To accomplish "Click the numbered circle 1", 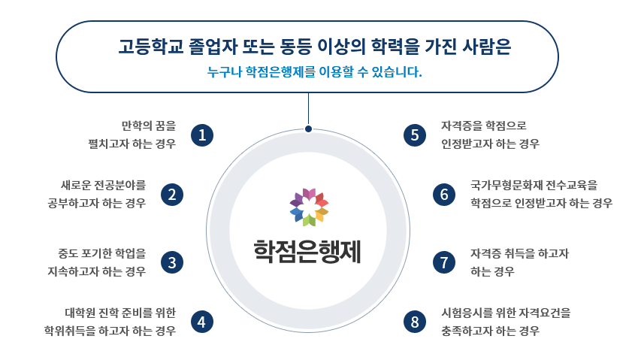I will [203, 135].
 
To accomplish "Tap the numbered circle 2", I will [173, 195].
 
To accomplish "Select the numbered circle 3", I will [173, 262].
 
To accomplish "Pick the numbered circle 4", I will [202, 322].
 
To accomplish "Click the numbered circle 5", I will [415, 135].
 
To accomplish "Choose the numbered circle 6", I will [445, 195].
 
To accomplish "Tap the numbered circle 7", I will [445, 262].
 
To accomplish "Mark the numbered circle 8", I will [415, 322].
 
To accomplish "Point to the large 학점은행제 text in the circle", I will [308, 250].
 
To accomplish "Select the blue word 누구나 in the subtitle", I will [224, 74].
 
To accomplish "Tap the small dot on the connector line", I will [308, 129].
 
